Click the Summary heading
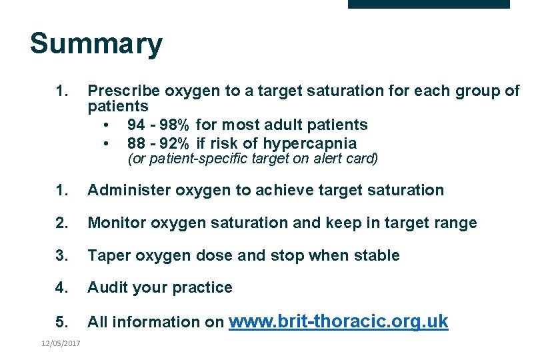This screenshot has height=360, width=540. pyautogui.click(x=96, y=44)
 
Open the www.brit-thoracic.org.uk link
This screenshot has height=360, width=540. pyautogui.click(x=339, y=321)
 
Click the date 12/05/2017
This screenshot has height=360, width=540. pyautogui.click(x=60, y=343)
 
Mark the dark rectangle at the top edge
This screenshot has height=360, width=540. pyautogui.click(x=429, y=4)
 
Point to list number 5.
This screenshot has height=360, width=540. pyautogui.click(x=61, y=322)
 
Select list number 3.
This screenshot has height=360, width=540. pyautogui.click(x=61, y=255)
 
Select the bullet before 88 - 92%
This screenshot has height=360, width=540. pyautogui.click(x=105, y=143)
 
